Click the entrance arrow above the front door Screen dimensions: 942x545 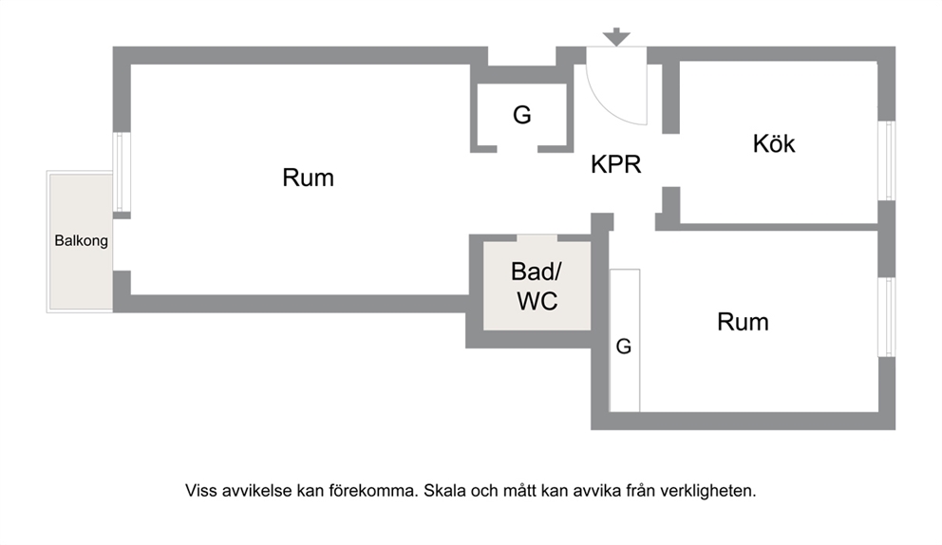[x=616, y=37]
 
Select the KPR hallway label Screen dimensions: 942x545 [x=615, y=164]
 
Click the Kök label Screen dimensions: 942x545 [x=774, y=143]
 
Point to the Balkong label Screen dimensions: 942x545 [x=81, y=241]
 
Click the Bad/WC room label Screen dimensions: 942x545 [x=537, y=286]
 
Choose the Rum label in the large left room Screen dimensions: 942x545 [x=309, y=178]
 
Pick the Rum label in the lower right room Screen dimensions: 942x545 [x=743, y=322]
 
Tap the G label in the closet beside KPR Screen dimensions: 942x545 [x=522, y=115]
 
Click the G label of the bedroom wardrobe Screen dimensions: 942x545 [x=624, y=347]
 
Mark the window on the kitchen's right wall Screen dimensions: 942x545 [x=887, y=160]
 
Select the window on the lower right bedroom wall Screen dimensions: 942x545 [x=887, y=317]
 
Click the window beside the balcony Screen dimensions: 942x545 [x=122, y=172]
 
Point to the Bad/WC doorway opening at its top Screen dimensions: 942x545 [x=537, y=238]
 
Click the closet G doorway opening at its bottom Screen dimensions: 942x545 [x=518, y=148]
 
